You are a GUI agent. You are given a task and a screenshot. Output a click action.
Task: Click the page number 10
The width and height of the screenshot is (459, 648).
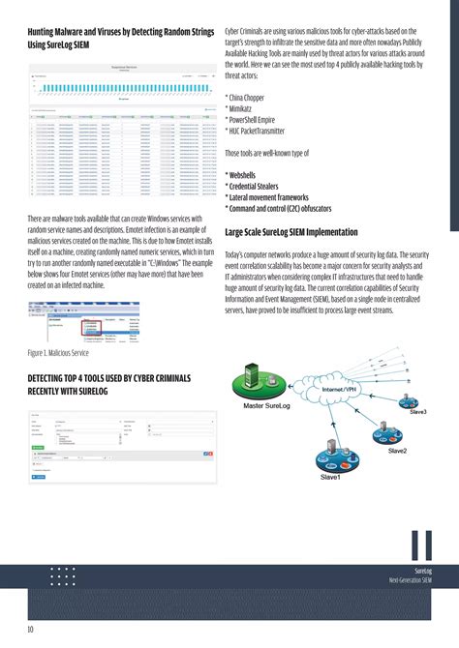point(31,630)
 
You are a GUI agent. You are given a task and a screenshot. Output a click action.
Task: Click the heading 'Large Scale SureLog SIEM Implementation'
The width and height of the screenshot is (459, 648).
point(305,232)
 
